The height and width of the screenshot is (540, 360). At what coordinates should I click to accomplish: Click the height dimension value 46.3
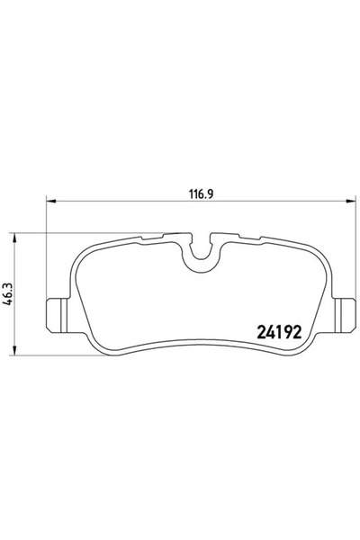pyautogui.click(x=7, y=294)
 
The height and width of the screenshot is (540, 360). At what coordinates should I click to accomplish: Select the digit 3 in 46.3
pyautogui.click(x=7, y=284)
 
